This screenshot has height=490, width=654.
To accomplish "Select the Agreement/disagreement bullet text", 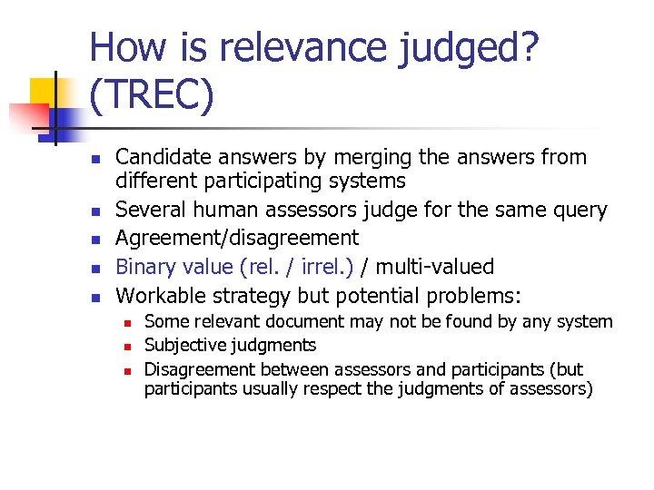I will [237, 239].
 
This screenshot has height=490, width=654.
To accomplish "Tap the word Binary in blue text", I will [144, 267].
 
